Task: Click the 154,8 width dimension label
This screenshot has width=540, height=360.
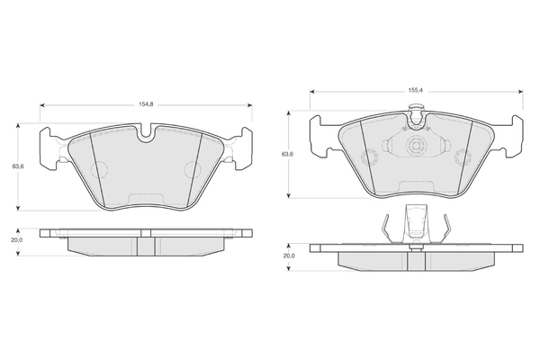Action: click(x=146, y=104)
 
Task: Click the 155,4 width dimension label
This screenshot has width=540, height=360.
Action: click(x=416, y=91)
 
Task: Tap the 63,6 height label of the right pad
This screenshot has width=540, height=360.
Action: click(x=287, y=154)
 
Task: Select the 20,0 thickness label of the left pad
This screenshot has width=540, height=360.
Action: click(x=16, y=240)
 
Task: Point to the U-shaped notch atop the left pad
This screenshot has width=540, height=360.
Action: click(x=147, y=134)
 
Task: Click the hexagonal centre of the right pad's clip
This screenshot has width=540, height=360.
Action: click(x=416, y=146)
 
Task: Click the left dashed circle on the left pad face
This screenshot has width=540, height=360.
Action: click(x=99, y=169)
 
